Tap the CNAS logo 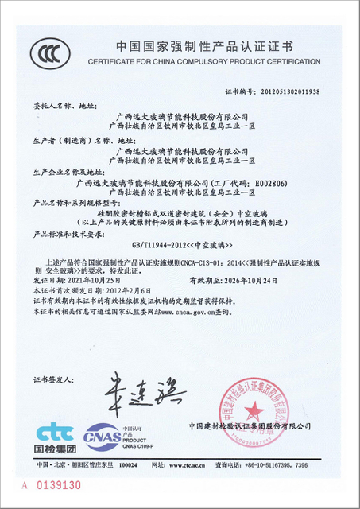(x=103, y=437)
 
